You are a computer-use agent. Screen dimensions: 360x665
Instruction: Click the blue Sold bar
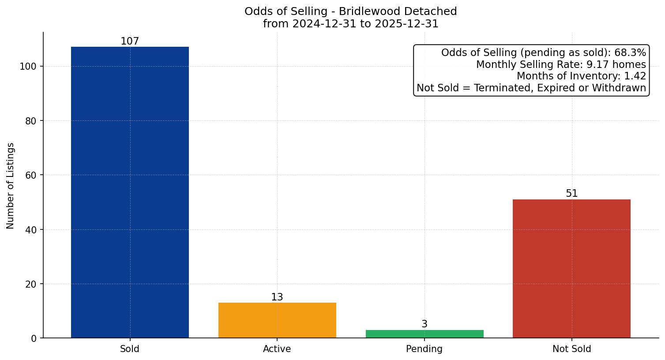point(130,192)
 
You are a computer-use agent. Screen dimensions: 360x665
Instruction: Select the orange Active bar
point(277,320)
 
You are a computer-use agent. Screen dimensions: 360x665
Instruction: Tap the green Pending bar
point(425,334)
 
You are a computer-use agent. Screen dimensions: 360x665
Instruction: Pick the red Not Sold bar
point(571,269)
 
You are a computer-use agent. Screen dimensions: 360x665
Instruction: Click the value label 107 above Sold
point(130,41)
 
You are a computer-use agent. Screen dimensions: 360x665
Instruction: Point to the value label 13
point(277,297)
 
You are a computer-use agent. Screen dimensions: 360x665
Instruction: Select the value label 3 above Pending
point(425,324)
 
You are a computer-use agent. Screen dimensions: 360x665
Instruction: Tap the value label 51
point(571,194)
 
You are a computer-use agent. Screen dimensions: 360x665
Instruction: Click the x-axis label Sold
point(130,349)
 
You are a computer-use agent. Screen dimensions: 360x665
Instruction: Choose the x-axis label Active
point(277,349)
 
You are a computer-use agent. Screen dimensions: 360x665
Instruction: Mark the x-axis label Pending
point(425,349)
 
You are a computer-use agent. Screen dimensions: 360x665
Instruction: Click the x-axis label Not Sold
point(571,349)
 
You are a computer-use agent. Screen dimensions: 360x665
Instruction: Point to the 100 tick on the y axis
point(28,67)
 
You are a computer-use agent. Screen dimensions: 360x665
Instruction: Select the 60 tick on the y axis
point(30,175)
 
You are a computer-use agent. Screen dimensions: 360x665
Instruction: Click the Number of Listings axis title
point(11,185)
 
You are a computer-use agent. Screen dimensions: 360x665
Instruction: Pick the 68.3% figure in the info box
point(630,53)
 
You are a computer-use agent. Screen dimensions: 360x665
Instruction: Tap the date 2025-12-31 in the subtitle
point(406,24)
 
